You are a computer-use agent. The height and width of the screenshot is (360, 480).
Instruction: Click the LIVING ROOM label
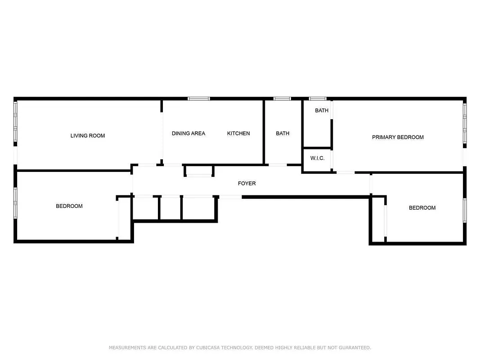click(x=87, y=135)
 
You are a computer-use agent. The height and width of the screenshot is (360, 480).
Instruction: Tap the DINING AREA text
click(x=188, y=133)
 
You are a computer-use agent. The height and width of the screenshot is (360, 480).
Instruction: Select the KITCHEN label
click(x=238, y=133)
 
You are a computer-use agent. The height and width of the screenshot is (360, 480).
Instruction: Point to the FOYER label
click(x=247, y=183)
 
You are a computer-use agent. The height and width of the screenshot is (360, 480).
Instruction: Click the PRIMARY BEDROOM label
click(x=398, y=137)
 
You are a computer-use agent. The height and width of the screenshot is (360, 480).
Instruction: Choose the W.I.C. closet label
click(x=317, y=158)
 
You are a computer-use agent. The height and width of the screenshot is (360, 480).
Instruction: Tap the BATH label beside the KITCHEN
click(x=283, y=133)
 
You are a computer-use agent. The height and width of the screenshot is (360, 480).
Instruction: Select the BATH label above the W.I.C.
click(x=321, y=110)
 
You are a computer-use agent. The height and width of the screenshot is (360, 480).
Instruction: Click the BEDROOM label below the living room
click(x=69, y=206)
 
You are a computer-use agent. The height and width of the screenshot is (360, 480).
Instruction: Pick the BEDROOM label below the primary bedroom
click(x=422, y=208)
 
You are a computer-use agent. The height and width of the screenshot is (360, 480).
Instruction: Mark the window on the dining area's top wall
click(x=198, y=99)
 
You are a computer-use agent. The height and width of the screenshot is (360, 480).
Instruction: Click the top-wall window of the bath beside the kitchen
click(x=282, y=99)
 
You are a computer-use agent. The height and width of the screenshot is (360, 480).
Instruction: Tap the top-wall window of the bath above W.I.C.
click(x=317, y=99)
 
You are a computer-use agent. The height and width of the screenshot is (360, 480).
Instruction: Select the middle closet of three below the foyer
click(x=170, y=208)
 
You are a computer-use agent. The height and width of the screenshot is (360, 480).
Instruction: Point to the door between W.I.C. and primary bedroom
click(x=332, y=159)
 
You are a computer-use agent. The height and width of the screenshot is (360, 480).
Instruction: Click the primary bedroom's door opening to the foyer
click(x=345, y=172)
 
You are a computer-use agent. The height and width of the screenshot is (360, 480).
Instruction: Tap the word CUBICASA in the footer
click(x=205, y=347)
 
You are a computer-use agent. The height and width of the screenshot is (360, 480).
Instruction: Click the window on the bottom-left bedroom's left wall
click(x=15, y=203)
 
